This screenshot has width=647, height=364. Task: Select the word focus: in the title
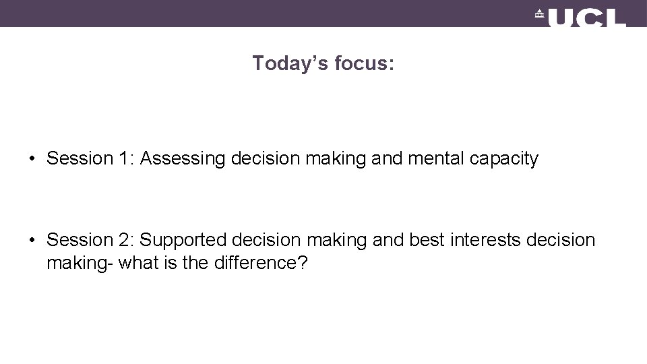point(363,63)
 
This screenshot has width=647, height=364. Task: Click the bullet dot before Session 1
point(32,160)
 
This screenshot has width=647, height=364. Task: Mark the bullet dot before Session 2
point(32,241)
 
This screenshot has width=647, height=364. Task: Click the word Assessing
point(183,159)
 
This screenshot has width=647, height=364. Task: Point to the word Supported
point(183,240)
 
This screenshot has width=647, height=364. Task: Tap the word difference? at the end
point(260,262)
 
